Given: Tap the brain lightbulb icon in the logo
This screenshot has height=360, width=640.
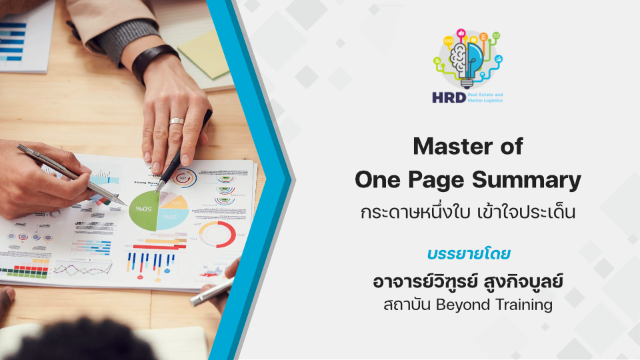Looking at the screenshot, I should tap(467, 59).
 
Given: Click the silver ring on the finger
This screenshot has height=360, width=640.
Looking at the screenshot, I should tap(177, 121).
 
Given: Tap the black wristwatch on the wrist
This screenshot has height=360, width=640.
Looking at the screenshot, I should tap(155, 62).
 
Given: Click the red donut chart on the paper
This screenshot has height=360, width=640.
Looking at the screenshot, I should tap(217, 234).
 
